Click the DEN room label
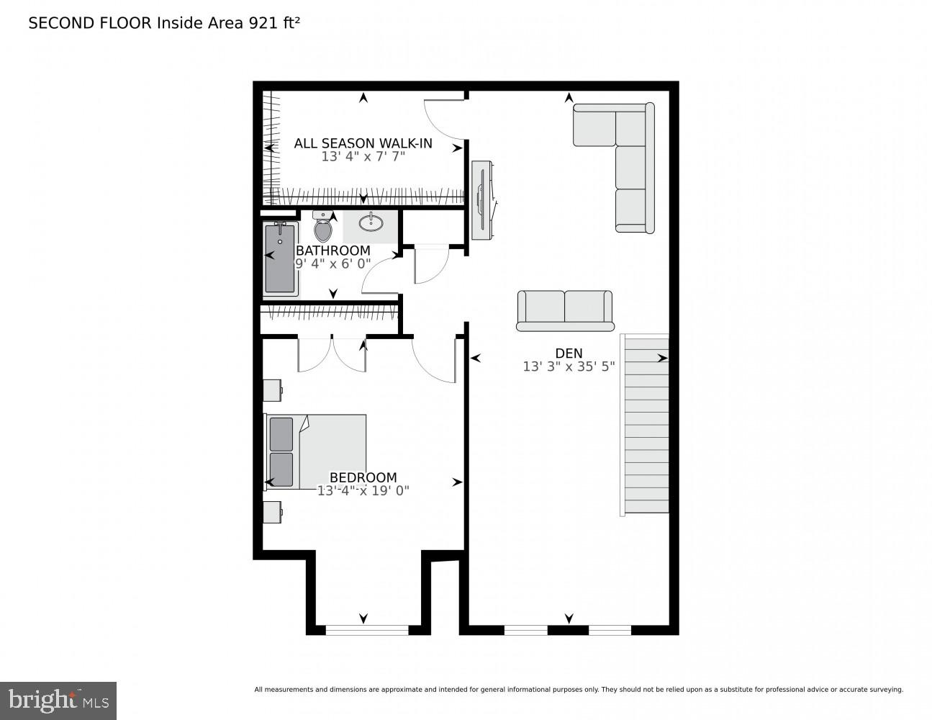coord(569,353)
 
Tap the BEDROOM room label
coord(363,477)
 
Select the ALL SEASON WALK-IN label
coord(363,143)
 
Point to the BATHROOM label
coord(333,251)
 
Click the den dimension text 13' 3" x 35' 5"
coord(569,366)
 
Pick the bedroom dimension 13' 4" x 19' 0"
coord(363,491)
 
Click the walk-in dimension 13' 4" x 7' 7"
coord(363,156)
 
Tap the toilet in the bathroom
coord(323,228)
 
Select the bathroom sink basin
coord(371,222)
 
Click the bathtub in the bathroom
coord(280,258)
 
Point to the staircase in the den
coord(645,425)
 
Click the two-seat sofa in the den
coord(565,310)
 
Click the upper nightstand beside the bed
coord(272,390)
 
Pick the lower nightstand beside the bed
coord(272,512)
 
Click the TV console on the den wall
coord(481,199)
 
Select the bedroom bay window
coord(367,630)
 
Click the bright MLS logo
coord(58,700)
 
